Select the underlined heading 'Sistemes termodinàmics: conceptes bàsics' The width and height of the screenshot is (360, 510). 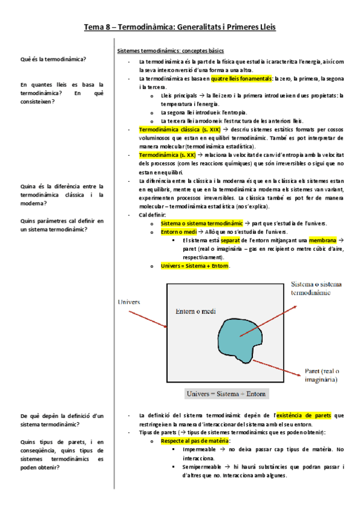coord(170,51)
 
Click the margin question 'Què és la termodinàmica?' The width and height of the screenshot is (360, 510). coord(53,59)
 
